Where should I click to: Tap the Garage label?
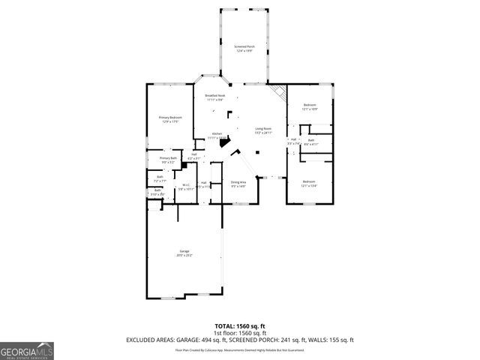tap(184, 253)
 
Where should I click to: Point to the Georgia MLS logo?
tap(27, 351)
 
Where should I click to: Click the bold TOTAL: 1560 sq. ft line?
tap(239, 327)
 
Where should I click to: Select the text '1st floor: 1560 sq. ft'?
tap(239, 333)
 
